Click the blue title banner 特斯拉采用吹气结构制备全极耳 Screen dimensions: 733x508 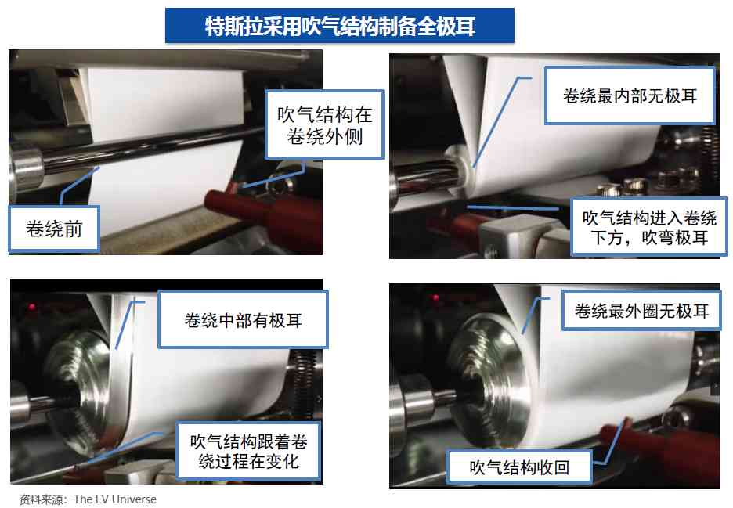pyautogui.click(x=340, y=26)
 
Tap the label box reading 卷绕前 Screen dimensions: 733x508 pyautogui.click(x=54, y=229)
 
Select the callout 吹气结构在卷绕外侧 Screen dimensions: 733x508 pyautogui.click(x=324, y=124)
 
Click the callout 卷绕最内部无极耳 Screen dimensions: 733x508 pyautogui.click(x=630, y=95)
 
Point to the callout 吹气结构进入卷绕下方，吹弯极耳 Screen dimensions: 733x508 pyautogui.click(x=649, y=227)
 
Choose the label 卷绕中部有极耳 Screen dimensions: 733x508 pyautogui.click(x=243, y=320)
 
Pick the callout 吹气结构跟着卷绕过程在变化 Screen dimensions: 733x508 pyautogui.click(x=249, y=452)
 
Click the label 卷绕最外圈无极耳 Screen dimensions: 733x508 pyautogui.click(x=641, y=311)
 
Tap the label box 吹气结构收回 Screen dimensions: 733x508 pyautogui.click(x=519, y=467)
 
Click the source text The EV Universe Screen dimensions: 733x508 pyautogui.click(x=115, y=499)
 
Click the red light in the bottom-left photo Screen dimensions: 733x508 pyautogui.click(x=31, y=307)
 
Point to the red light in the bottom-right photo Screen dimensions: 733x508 pyautogui.click(x=435, y=297)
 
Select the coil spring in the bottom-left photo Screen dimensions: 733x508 pyautogui.click(x=305, y=384)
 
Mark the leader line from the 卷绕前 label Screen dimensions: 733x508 pyautogui.click(x=79, y=186)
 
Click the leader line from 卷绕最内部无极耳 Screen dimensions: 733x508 pyautogui.click(x=500, y=121)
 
